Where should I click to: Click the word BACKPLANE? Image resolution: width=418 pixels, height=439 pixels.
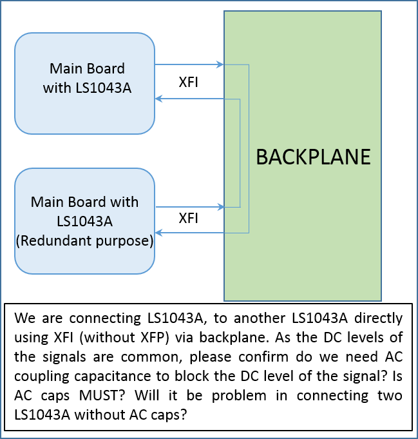coord(313,157)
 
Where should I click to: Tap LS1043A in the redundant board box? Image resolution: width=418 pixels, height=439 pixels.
coord(84,222)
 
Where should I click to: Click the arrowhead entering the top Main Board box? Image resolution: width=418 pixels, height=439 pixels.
coord(158,99)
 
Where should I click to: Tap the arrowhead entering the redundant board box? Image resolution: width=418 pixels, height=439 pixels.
coord(158,232)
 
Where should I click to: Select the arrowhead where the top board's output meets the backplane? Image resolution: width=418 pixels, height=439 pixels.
coord(220,64)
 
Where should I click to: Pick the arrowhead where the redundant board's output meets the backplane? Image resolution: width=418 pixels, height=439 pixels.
coord(220,207)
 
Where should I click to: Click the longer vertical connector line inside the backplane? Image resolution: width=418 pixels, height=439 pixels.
coord(249,148)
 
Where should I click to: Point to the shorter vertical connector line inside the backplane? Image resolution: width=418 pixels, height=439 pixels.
coord(240,153)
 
